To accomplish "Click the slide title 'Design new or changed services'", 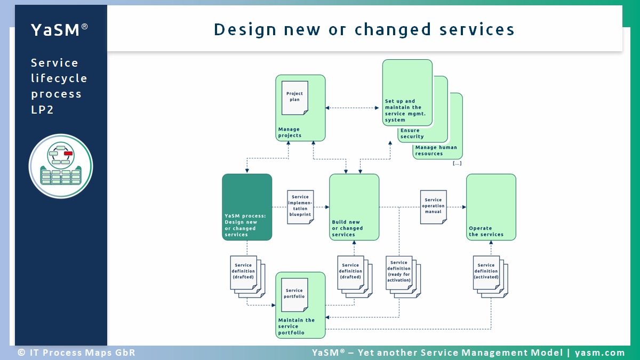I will [364, 29].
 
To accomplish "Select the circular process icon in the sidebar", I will [61, 166].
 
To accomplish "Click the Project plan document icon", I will [294, 97].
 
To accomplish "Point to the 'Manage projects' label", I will [290, 132].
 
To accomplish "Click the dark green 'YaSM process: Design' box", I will [247, 207].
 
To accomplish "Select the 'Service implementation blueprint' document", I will [300, 206].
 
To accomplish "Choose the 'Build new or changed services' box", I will [354, 207].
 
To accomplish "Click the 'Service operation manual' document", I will [433, 205].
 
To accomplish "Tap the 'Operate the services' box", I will [491, 207].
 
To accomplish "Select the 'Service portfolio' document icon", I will [294, 294].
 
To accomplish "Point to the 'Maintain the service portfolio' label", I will [296, 326].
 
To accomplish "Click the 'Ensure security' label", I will [412, 133].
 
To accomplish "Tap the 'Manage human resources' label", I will [436, 150].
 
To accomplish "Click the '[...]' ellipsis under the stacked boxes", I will [457, 163].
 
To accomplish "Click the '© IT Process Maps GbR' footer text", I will [76, 353].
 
